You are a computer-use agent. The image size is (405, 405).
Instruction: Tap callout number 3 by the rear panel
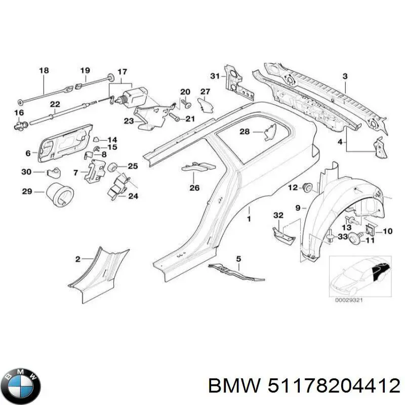[345, 76]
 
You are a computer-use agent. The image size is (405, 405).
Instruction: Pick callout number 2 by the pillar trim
[77, 259]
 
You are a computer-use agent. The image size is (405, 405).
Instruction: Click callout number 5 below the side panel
[238, 259]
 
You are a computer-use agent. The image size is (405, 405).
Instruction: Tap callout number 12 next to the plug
[293, 188]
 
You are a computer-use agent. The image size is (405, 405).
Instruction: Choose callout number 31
[215, 76]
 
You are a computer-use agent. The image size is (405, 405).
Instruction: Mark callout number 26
[195, 188]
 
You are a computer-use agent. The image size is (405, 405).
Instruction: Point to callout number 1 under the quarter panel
[249, 219]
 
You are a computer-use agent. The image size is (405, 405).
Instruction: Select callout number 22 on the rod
[54, 105]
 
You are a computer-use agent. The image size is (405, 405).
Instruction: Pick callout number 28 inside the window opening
[245, 132]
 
